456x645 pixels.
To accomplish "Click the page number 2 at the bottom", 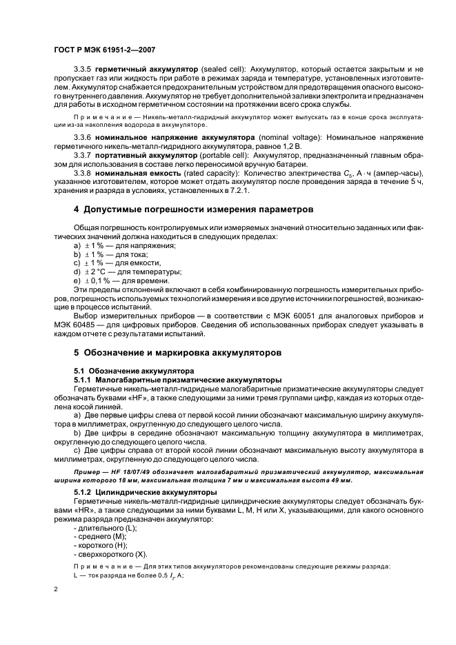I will point(56,590).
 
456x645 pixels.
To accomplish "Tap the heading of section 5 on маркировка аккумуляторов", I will point(177,351).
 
